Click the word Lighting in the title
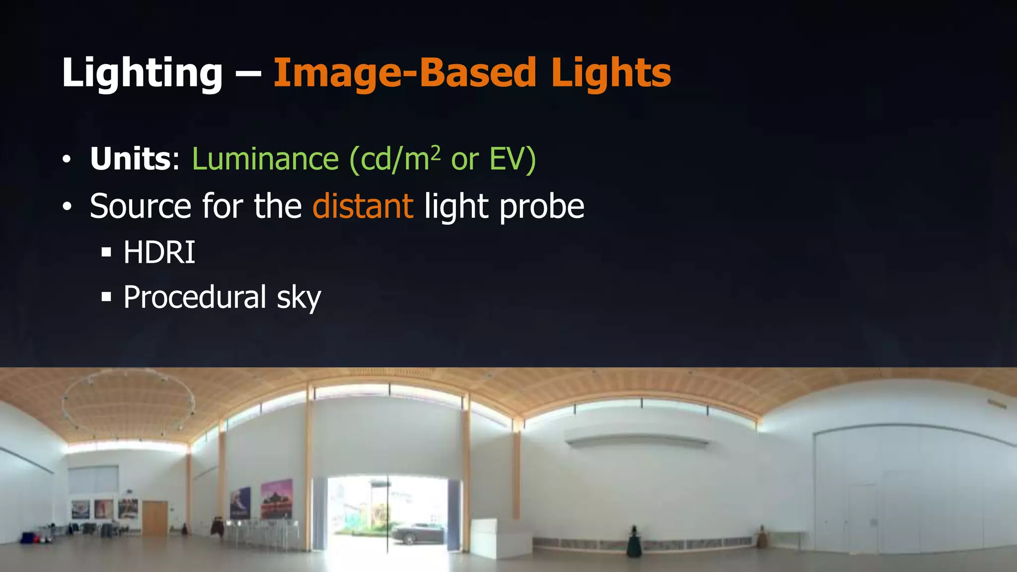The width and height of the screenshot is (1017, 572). [x=142, y=73]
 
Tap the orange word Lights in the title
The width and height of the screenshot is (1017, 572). [x=611, y=73]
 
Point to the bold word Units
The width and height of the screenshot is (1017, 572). [x=131, y=159]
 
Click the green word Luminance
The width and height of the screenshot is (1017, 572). [x=266, y=159]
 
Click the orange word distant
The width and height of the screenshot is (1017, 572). [x=363, y=206]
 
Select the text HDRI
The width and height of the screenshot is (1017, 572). [x=159, y=252]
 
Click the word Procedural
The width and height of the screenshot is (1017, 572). [x=195, y=297]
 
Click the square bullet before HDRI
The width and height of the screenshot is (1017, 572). [x=106, y=253]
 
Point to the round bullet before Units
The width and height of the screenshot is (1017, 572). [x=67, y=160]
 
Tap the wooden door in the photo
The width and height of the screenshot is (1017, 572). [x=155, y=517]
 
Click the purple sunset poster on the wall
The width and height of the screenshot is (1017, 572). [x=277, y=499]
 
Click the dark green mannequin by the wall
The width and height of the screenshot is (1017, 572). [x=633, y=544]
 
